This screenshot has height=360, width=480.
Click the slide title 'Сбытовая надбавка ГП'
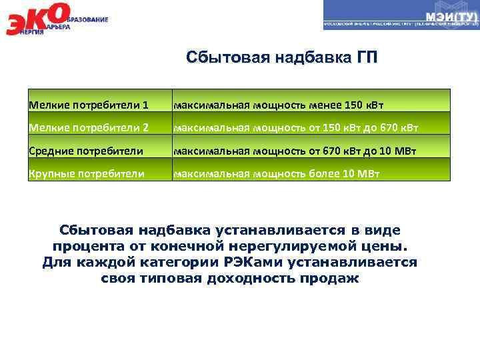pos(281,57)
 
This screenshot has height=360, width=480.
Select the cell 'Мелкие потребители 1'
pos(88,105)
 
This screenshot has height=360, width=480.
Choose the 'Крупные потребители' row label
pos(86,174)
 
